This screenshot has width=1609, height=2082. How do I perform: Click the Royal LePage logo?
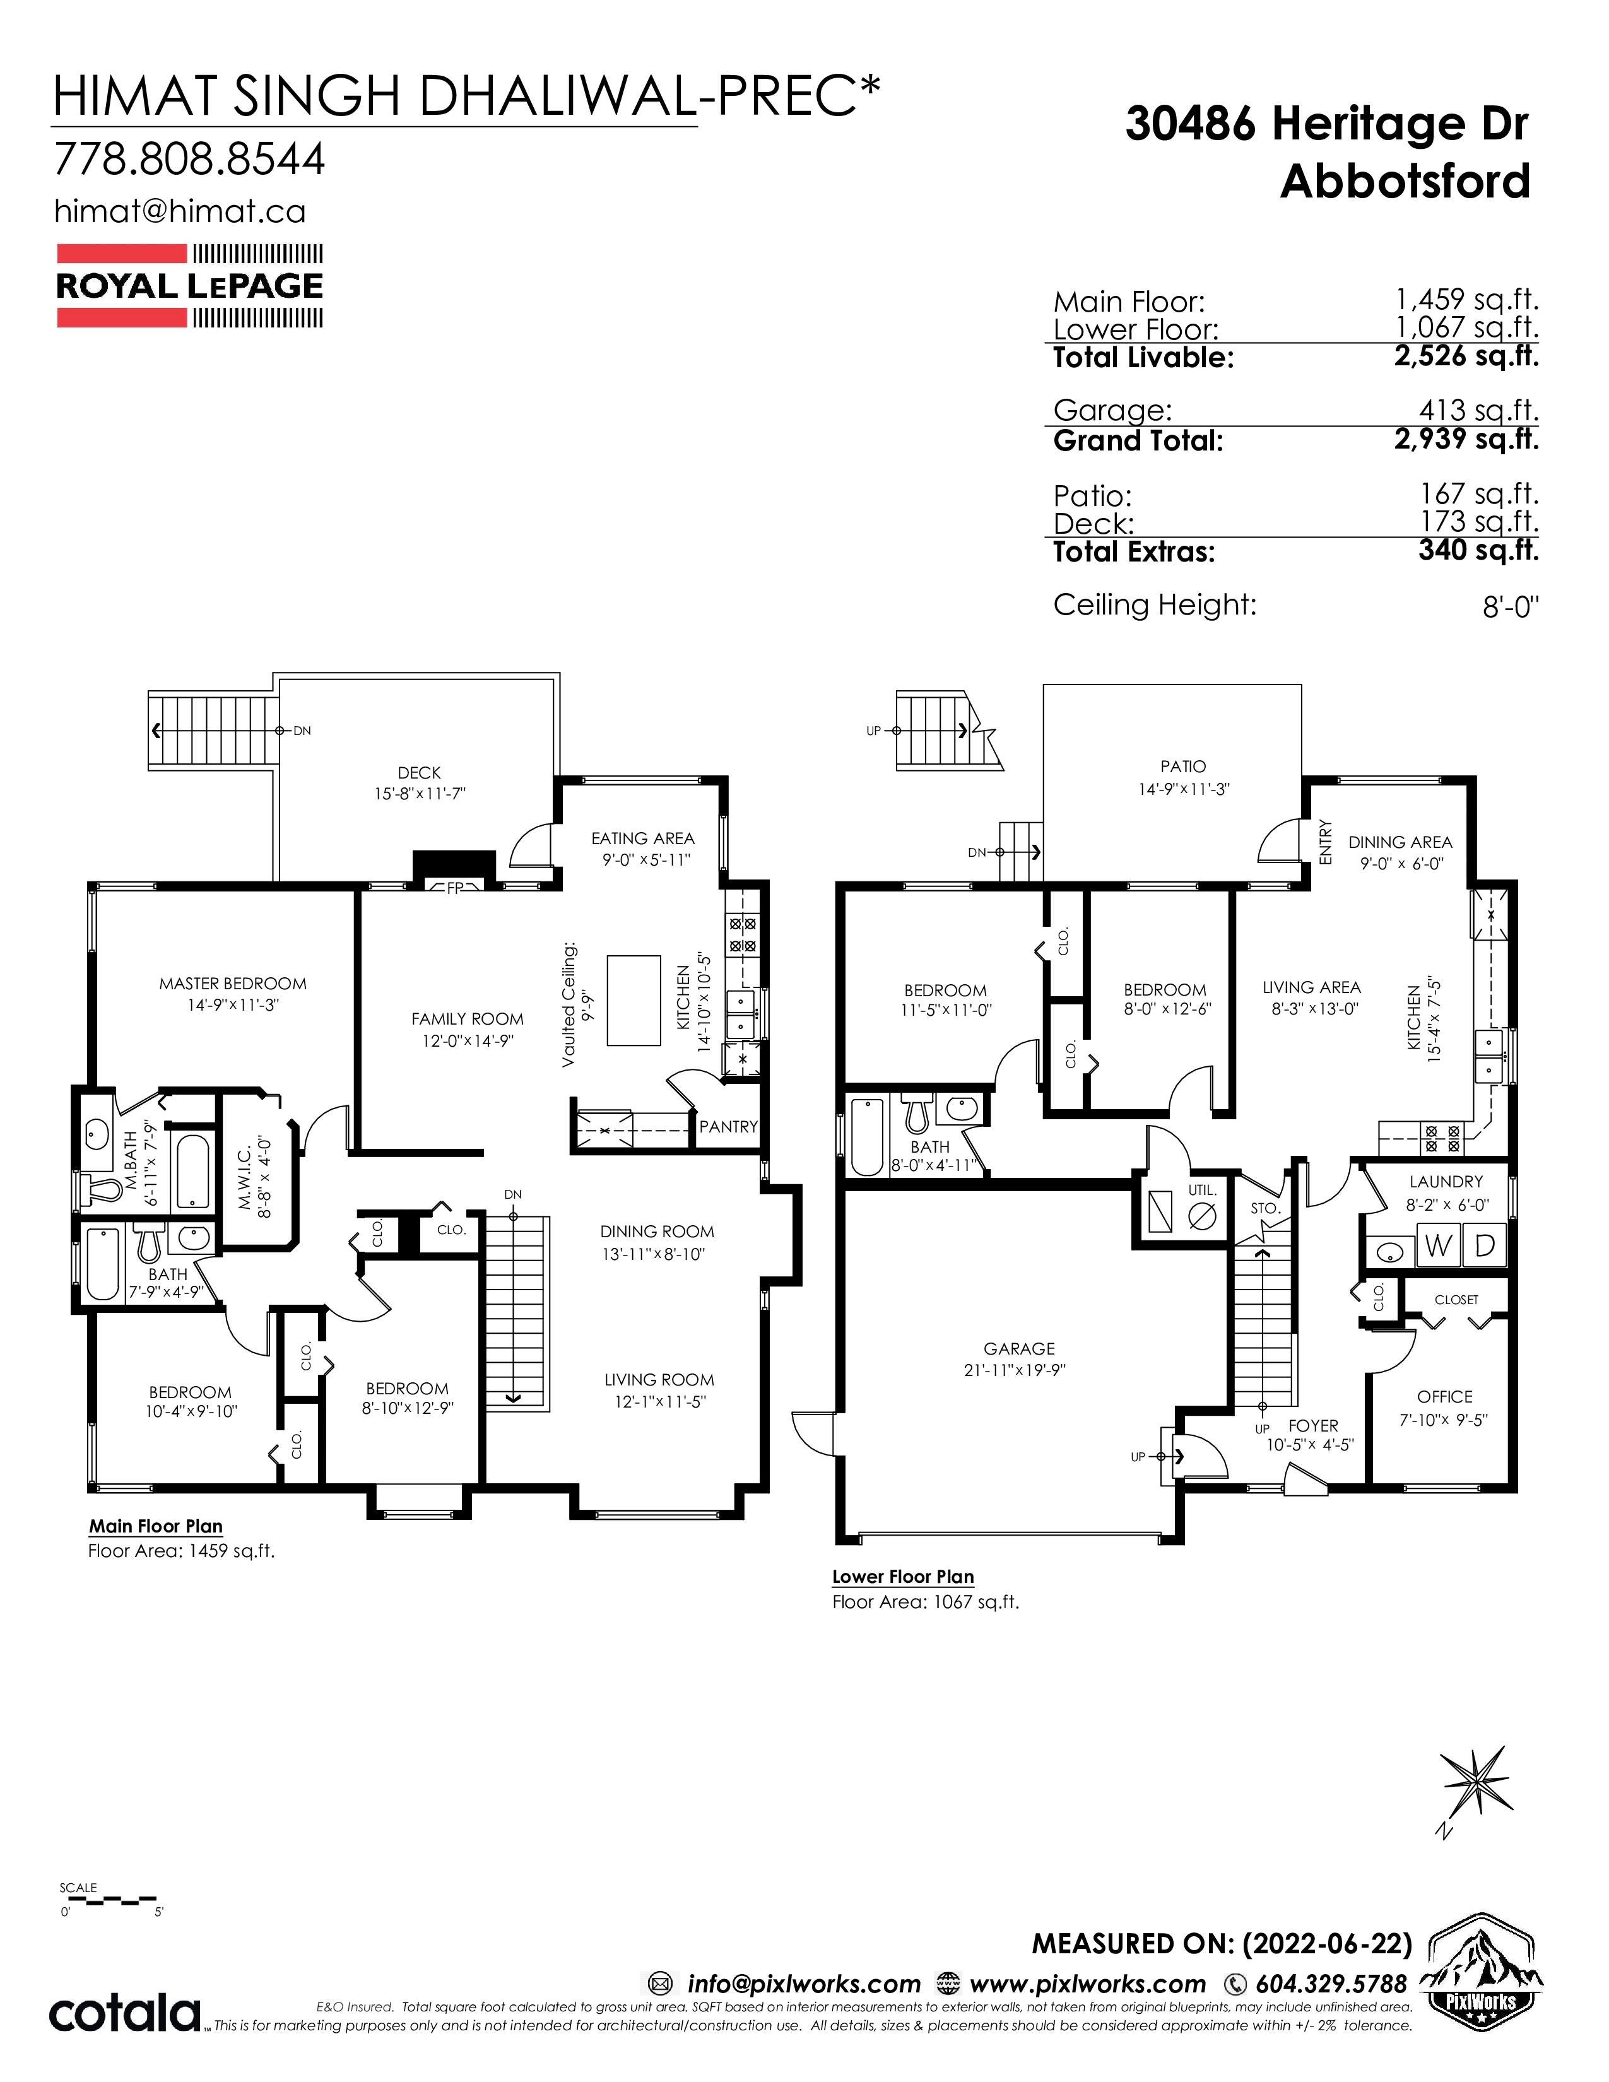tap(190, 286)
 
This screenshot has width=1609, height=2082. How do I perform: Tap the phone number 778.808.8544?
tap(190, 159)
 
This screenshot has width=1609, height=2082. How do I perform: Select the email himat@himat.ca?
tap(180, 211)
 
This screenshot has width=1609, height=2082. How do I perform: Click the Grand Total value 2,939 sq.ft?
tap(1466, 440)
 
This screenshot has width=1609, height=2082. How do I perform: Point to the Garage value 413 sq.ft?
tap(1478, 410)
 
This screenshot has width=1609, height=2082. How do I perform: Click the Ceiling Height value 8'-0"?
tap(1511, 606)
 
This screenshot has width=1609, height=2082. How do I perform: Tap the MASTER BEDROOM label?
tap(233, 984)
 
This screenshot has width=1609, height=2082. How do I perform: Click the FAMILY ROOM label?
tap(467, 1019)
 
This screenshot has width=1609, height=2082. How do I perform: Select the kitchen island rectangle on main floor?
tap(634, 1000)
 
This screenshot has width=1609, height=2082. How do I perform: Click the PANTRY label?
tap(728, 1126)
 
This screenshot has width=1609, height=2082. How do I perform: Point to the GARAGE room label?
tap(1019, 1349)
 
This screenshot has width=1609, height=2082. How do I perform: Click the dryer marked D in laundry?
tap(1484, 1247)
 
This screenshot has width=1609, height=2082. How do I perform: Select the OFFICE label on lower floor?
tap(1444, 1397)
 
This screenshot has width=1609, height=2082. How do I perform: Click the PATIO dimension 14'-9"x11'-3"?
tap(1183, 789)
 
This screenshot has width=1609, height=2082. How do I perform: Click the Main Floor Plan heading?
tap(155, 1526)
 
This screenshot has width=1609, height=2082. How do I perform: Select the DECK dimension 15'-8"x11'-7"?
tap(420, 792)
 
